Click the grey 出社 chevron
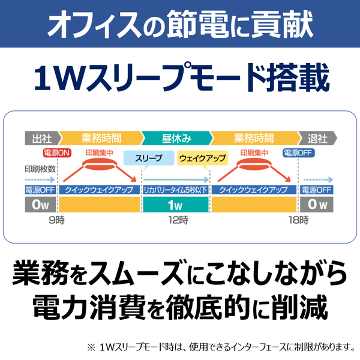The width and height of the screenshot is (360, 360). [x=43, y=138]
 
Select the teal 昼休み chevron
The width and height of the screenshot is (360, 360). [x=177, y=138]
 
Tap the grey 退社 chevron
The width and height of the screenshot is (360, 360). [x=318, y=138]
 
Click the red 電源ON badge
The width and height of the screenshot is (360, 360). [x=57, y=153]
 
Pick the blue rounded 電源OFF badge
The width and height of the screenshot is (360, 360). [x=298, y=153]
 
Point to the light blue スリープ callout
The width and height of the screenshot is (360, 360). [x=149, y=158]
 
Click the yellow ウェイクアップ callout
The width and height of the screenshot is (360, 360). [x=203, y=158]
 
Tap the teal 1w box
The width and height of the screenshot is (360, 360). [x=176, y=205]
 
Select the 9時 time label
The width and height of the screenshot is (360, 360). [x=56, y=220]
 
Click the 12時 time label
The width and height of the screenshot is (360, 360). [x=178, y=220]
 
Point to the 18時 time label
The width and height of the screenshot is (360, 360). [x=298, y=220]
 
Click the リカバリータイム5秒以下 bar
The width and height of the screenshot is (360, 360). [x=176, y=190]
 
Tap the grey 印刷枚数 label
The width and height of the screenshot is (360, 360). [x=40, y=169]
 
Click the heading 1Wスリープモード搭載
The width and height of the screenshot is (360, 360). [x=181, y=77]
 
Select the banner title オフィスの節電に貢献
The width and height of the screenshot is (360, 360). [x=180, y=24]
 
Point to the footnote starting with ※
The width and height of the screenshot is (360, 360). [x=221, y=347]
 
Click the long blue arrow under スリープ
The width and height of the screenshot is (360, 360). [x=176, y=179]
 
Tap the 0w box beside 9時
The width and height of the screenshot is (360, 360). [x=40, y=205]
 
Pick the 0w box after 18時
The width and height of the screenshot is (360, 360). [x=317, y=205]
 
